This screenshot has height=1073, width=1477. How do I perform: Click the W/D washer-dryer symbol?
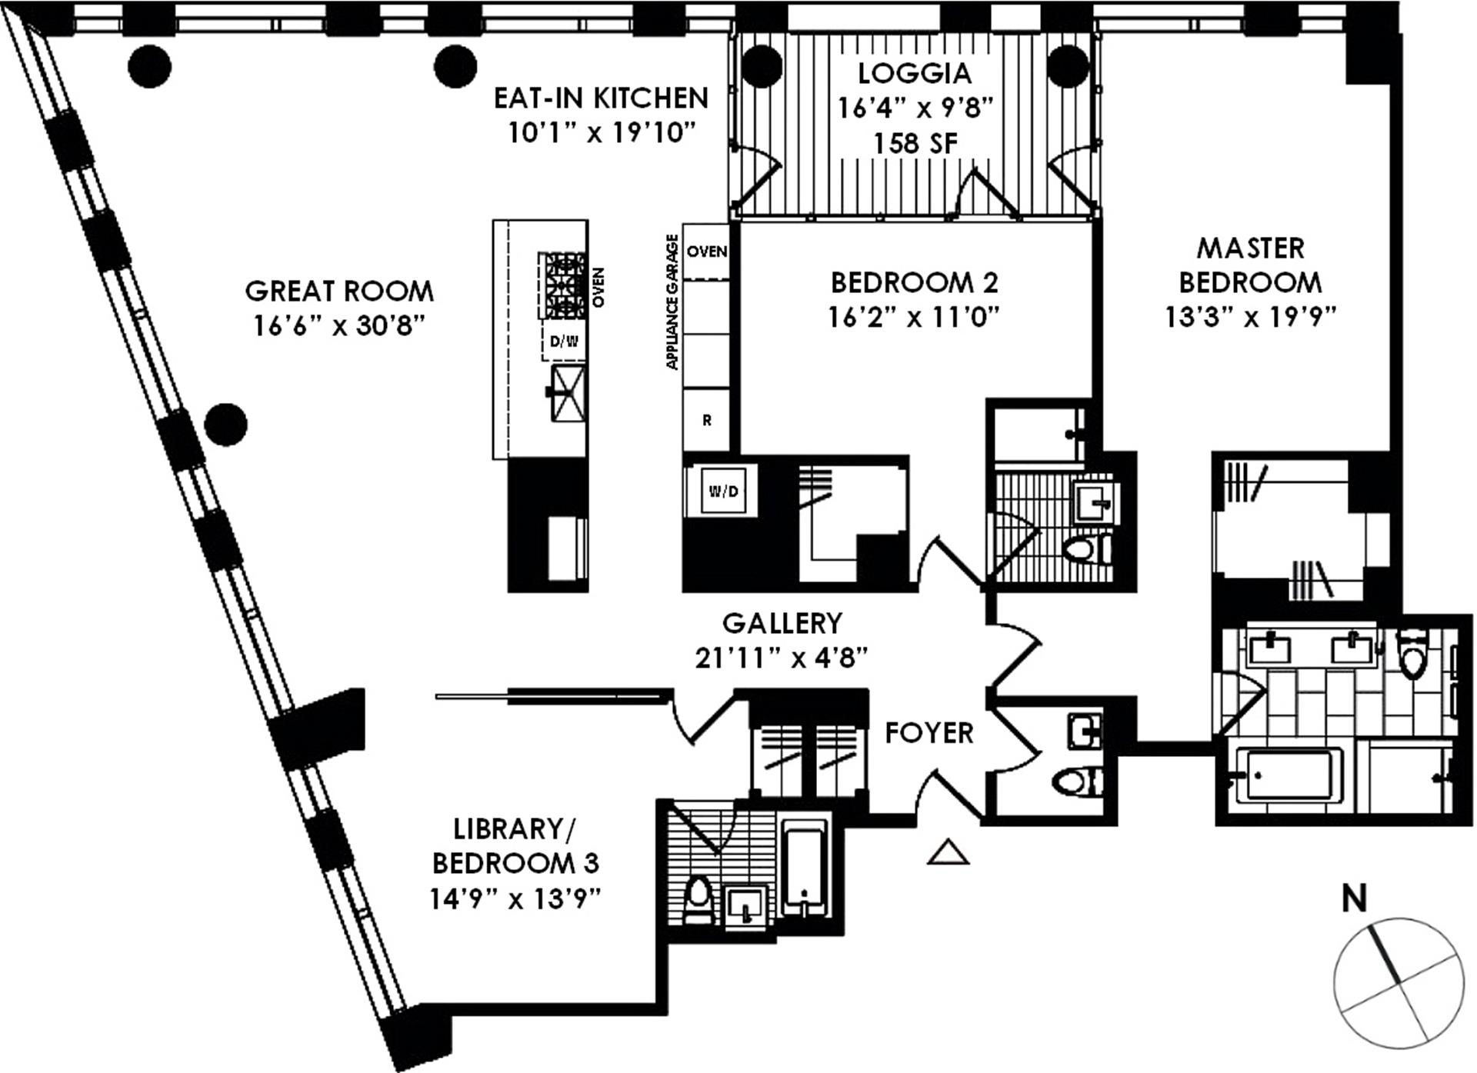coord(722,491)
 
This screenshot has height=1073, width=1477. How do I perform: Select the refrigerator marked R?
coord(706,420)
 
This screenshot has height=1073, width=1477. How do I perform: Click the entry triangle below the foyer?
coord(948,852)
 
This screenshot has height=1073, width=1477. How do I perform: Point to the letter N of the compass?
coord(1354,898)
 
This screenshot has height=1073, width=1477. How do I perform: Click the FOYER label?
coord(929,733)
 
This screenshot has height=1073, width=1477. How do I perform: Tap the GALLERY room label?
coord(782,622)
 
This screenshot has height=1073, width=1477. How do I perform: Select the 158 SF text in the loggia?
coord(915,143)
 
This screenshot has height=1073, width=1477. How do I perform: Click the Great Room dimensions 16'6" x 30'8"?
coord(339,326)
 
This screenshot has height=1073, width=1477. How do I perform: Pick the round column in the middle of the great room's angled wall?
coord(226,424)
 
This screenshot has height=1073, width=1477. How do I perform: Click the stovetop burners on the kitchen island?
coord(565,285)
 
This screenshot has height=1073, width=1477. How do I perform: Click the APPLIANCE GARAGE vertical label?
coord(672,302)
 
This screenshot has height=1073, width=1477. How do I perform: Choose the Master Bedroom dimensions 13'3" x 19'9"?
coord(1251,317)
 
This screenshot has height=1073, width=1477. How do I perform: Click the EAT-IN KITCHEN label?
coord(601,98)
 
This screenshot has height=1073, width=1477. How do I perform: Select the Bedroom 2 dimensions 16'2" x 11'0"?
coord(914,317)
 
